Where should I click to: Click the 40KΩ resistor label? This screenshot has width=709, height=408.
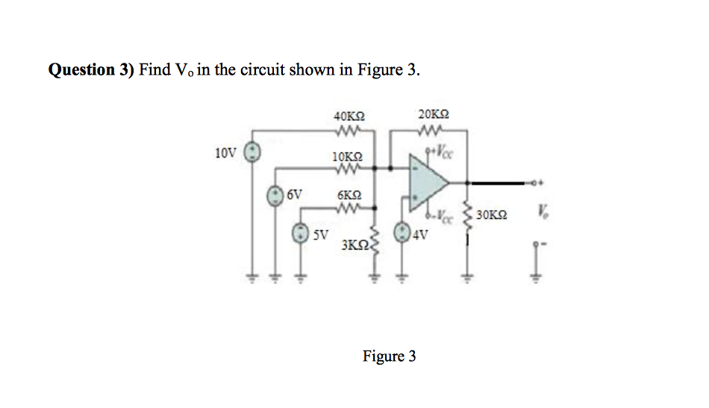pos(349,117)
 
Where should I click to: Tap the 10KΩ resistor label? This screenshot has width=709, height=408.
pos(347,158)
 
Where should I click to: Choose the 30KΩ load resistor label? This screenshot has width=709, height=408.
pos(491,214)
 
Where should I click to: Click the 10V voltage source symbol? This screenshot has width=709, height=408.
pos(253,152)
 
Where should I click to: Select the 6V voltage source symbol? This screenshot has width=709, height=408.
pos(275,194)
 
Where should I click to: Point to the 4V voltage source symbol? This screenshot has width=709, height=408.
pos(403,232)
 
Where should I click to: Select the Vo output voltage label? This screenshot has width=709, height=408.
pos(538,214)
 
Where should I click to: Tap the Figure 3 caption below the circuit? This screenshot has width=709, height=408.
pos(389,356)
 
